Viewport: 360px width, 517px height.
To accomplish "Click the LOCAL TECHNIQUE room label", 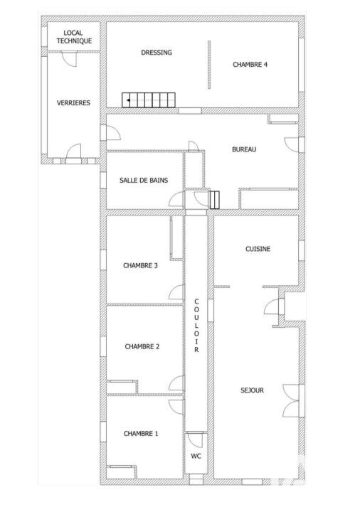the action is (74, 37).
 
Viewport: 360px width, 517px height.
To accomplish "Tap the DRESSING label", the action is (157, 53).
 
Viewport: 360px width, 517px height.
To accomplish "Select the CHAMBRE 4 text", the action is (250, 65).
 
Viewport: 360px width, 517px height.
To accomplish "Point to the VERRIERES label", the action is (73, 103).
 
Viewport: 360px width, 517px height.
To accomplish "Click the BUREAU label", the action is (244, 149).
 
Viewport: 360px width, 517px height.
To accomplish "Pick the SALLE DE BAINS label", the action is (144, 181).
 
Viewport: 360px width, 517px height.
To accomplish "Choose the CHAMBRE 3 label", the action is (140, 265).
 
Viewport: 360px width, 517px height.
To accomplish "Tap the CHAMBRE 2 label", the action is (142, 346).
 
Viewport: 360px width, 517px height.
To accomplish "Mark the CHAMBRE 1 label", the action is (141, 434).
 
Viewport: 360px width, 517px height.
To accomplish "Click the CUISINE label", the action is (258, 249).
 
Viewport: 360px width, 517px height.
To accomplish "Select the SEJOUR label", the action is (252, 390).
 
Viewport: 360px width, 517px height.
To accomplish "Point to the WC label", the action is (196, 457).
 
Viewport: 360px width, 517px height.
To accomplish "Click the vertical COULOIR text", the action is (196, 326).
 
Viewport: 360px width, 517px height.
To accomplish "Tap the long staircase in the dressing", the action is (149, 100).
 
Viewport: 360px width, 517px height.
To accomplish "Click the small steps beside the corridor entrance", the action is (214, 200).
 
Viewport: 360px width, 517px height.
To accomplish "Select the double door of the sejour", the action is (292, 401).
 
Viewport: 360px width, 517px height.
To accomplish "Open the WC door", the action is (194, 440).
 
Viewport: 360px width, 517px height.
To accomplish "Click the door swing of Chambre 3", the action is (176, 292).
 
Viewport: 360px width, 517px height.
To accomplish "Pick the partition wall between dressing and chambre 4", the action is (209, 65).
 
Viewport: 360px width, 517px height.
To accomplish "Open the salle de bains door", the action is (176, 199).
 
